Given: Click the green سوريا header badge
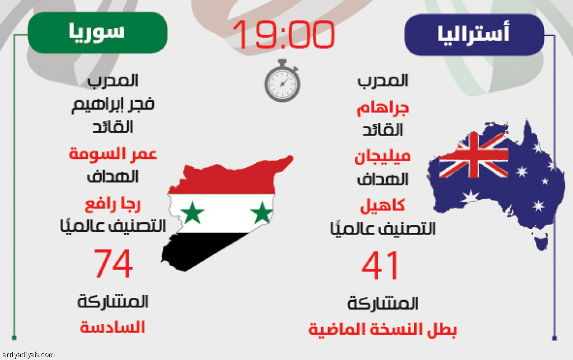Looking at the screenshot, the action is pyautogui.click(x=97, y=32).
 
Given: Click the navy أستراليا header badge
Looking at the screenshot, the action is pyautogui.click(x=474, y=35).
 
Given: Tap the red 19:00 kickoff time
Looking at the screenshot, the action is pyautogui.click(x=283, y=34).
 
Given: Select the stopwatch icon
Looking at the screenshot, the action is pyautogui.click(x=282, y=81).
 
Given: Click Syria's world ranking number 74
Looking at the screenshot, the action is pyautogui.click(x=113, y=263).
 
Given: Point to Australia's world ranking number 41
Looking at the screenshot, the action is pyautogui.click(x=380, y=265).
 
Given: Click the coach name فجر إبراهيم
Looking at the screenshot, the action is pyautogui.click(x=112, y=104).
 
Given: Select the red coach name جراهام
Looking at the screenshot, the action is pyautogui.click(x=383, y=109).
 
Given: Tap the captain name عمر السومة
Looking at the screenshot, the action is pyautogui.click(x=113, y=153).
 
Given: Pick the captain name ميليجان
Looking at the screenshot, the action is pyautogui.click(x=383, y=156).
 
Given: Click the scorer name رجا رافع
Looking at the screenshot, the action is pyautogui.click(x=112, y=204).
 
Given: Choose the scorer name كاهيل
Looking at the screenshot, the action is pyautogui.click(x=383, y=206).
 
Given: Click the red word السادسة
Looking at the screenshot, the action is pyautogui.click(x=112, y=327).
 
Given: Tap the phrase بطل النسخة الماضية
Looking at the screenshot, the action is pyautogui.click(x=383, y=329).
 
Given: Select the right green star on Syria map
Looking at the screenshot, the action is pyautogui.click(x=262, y=212).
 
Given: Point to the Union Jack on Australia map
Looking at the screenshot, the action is pyautogui.click(x=473, y=155).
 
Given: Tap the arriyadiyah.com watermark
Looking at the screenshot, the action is pyautogui.click(x=28, y=354).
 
